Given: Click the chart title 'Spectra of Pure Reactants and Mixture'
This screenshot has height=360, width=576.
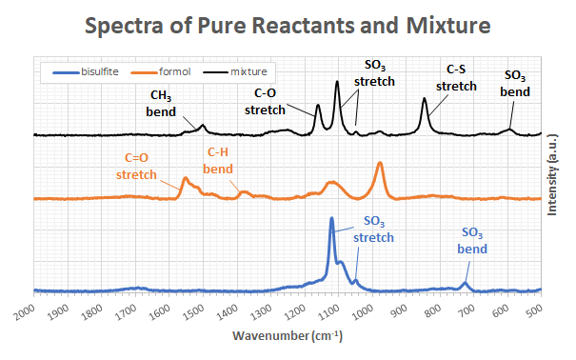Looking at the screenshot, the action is point(288,25).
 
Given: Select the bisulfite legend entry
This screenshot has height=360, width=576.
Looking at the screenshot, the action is point(86,71).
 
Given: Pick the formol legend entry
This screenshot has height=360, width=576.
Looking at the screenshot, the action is point(161,71).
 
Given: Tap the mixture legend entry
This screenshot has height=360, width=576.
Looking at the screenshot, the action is point(235,71).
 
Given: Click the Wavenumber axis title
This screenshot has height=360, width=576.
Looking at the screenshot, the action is point(288,336).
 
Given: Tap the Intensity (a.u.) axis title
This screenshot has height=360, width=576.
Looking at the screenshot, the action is point(552,175).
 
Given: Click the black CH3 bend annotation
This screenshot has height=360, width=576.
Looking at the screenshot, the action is point(161,104).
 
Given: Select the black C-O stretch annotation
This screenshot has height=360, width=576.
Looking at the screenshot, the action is point(265,101).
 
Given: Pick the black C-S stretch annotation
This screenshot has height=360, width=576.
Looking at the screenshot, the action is point(456,77).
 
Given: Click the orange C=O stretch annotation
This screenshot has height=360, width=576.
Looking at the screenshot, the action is point(136,166).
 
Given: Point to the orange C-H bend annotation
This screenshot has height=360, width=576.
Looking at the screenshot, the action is point(218,161).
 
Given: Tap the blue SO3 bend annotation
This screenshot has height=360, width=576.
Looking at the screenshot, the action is point(472,241).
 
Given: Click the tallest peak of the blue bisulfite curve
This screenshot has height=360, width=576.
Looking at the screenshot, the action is point(331,218).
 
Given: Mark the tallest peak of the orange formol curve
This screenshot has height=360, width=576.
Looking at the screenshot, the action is point(380,163).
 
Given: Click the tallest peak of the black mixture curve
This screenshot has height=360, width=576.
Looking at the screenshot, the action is point(337,82).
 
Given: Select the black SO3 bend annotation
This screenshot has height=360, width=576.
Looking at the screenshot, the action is point(515,84).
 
